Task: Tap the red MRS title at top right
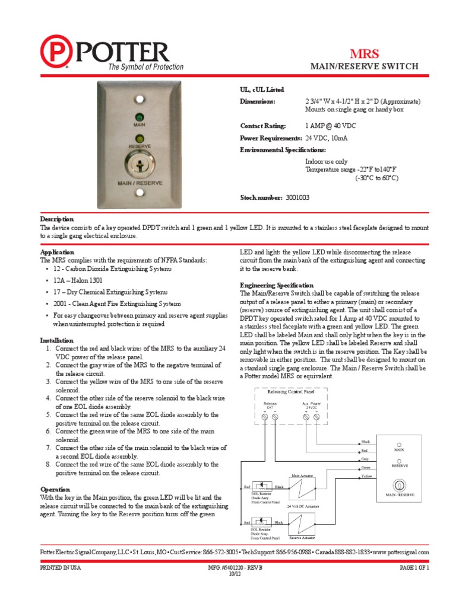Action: (x=367, y=52)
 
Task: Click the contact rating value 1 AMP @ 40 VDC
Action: (x=330, y=126)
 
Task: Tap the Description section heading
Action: (x=56, y=219)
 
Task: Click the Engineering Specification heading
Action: (x=276, y=285)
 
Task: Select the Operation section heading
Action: (x=55, y=490)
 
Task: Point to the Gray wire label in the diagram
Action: (x=366, y=459)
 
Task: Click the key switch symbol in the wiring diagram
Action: (x=399, y=483)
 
